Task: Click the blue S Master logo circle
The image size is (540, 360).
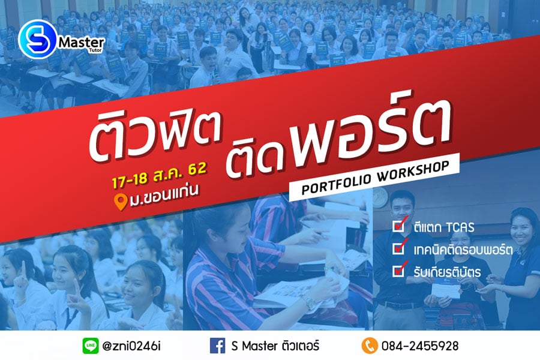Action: click(x=38, y=39)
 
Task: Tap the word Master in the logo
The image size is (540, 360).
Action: click(x=82, y=43)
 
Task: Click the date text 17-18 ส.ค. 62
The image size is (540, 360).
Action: click(x=159, y=175)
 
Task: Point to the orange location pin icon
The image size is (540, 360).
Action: click(x=121, y=202)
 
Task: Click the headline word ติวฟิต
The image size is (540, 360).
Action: click(x=154, y=137)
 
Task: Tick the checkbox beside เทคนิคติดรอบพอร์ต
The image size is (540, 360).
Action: click(x=399, y=248)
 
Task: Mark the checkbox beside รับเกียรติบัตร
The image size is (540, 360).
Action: click(x=399, y=271)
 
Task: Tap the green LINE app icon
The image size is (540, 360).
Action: click(x=91, y=346)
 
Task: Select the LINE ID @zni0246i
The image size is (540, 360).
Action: click(x=131, y=346)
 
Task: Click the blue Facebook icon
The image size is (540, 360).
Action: click(x=218, y=346)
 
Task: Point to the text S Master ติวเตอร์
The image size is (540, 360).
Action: click(x=275, y=346)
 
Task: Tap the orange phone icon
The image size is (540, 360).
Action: click(x=370, y=346)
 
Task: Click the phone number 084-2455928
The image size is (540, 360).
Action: click(x=420, y=346)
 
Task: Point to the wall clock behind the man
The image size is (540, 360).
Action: click(x=380, y=198)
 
